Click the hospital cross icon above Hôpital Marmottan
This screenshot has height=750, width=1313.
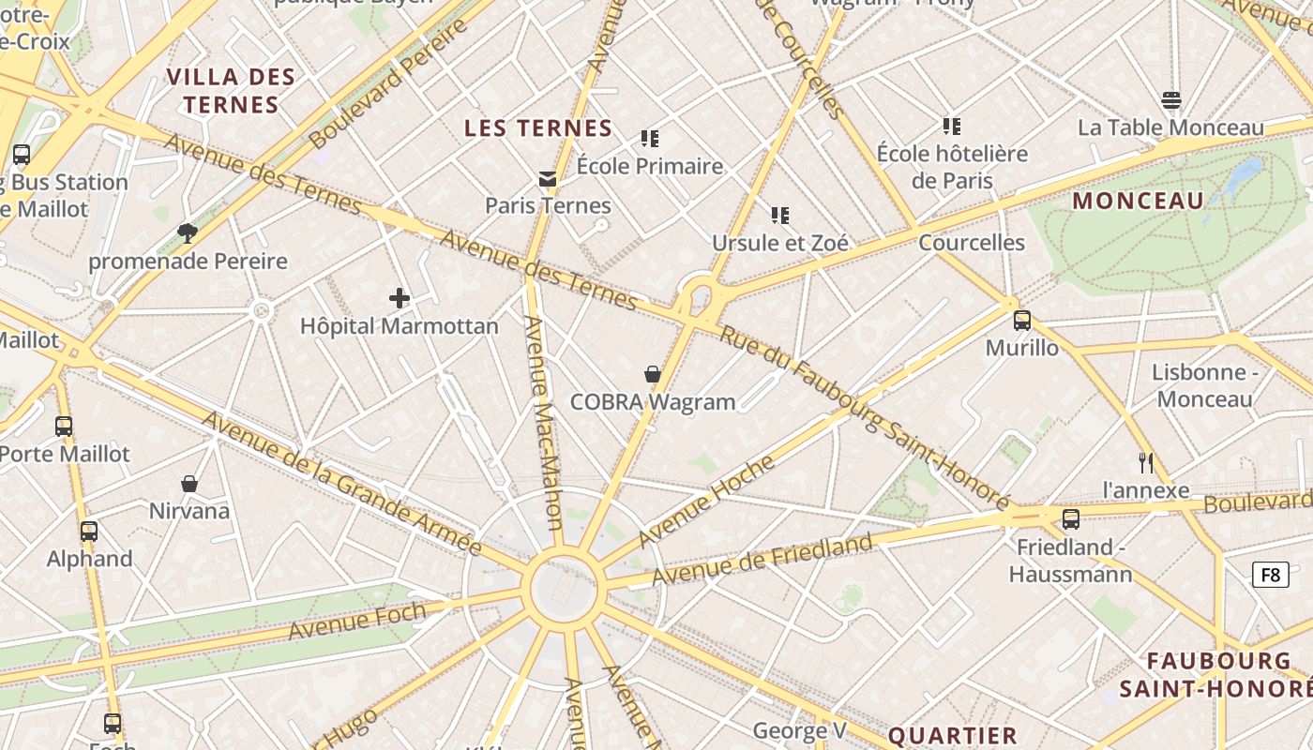pos(400,299)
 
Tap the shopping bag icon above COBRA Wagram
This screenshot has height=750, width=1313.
pos(653,374)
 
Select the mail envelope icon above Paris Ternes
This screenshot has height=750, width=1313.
pos(548,178)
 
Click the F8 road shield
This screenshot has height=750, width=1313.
pos(1270,575)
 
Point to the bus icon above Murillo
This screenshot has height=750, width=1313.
pos(1021,321)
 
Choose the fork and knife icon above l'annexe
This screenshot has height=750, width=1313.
pos(1145,462)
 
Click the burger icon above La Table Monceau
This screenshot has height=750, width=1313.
pos(1170,100)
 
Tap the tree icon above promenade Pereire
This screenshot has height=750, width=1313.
pos(187,232)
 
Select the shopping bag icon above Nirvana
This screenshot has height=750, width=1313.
pos(189,484)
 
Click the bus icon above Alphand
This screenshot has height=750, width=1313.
pos(89,531)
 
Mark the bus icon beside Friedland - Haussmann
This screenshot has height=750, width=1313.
pos(1071,518)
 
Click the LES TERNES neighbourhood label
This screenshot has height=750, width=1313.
pos(538,128)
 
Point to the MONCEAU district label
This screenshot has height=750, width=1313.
pos(1138,201)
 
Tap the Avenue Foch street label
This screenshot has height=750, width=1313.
pos(356,622)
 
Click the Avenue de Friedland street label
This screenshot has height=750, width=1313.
pos(762,559)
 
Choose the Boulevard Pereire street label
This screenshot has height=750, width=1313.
pos(388,82)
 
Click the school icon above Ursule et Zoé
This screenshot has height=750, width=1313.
pos(779,216)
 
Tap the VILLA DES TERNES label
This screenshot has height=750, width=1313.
pos(231,90)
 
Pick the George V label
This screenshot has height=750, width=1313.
pos(799,730)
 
